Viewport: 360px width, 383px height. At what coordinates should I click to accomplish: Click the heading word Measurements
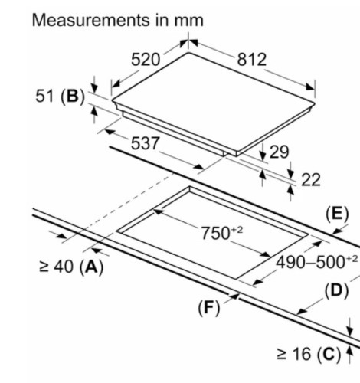click(90, 20)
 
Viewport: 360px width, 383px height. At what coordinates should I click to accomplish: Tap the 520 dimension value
click(146, 60)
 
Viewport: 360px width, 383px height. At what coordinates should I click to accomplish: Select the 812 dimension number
click(252, 60)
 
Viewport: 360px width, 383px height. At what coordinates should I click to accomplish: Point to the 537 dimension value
click(145, 143)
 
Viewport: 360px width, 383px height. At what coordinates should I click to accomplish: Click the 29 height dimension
click(280, 152)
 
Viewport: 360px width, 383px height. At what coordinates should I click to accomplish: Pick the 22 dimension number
click(311, 180)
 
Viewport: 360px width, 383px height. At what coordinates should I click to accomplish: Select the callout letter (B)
click(73, 97)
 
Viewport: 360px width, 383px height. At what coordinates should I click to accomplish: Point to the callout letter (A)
click(91, 267)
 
